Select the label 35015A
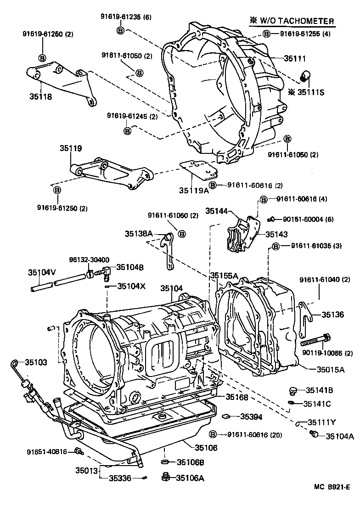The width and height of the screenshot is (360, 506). tap(330, 369)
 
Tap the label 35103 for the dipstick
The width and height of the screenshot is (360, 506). tap(36, 362)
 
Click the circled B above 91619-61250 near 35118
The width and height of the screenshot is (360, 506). tap(42, 57)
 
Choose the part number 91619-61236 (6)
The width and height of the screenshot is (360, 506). tap(123, 17)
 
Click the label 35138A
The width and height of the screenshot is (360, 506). tap(139, 233)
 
